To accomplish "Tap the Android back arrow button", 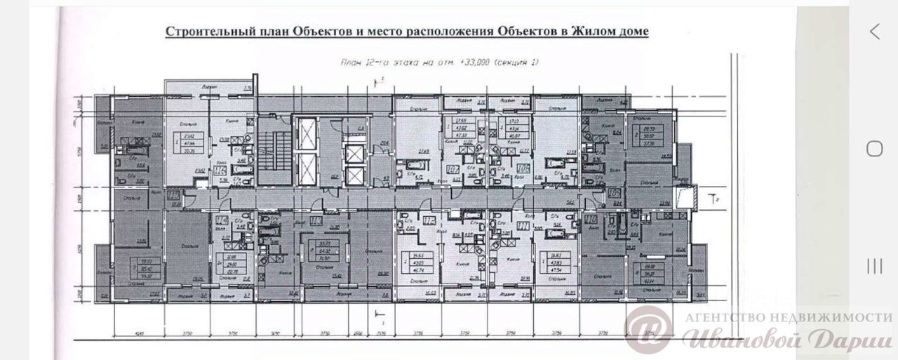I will click(x=874, y=31).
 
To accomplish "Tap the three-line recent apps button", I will click(x=874, y=266).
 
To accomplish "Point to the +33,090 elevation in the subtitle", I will click(x=471, y=62).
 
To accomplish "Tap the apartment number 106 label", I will click(x=522, y=170).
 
